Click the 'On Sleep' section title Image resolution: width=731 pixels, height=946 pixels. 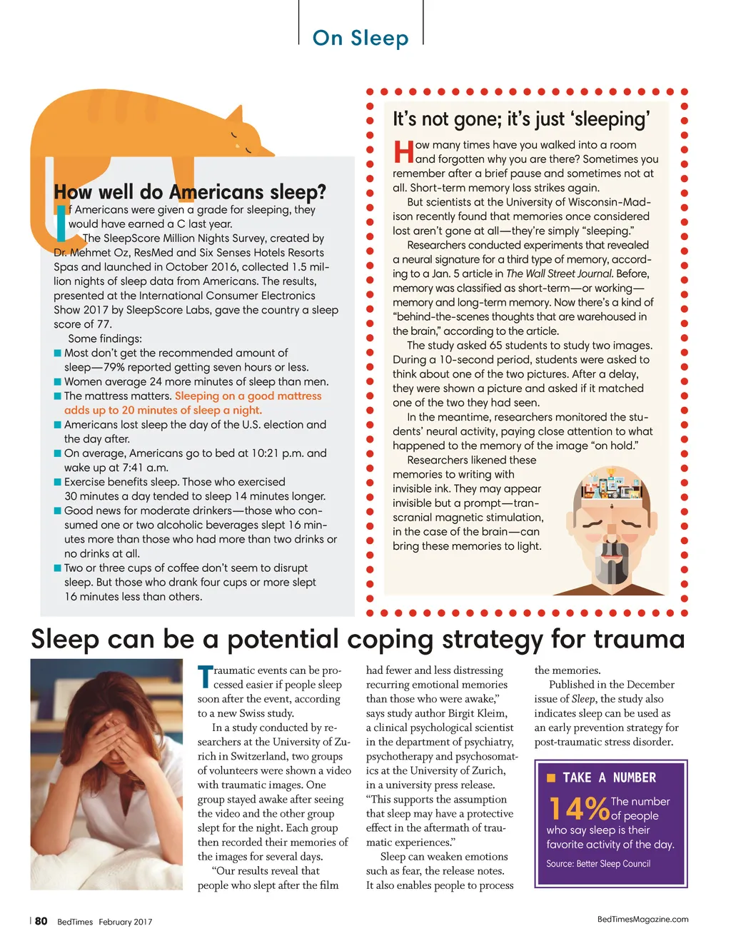coord(361,38)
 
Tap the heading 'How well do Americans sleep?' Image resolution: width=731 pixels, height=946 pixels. coord(190,192)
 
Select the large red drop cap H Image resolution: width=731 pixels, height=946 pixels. coord(403,151)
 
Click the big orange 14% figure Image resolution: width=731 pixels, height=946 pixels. coord(579,808)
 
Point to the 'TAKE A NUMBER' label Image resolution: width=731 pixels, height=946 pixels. coord(609,778)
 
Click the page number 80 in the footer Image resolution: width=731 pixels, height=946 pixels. coord(41,921)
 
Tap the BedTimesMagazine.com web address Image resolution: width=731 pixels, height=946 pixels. coord(642,920)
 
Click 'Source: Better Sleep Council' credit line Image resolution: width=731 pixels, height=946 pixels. coord(598,864)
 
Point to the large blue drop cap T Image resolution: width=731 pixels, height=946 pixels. coord(205,678)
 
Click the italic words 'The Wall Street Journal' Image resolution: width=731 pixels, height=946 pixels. coord(559,273)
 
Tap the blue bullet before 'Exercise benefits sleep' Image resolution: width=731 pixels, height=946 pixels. coord(58,482)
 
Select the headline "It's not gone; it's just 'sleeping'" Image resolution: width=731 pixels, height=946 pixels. coord(521,119)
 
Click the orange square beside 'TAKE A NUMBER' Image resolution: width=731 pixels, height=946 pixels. coord(551,778)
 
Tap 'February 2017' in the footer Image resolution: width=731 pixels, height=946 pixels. coord(126,922)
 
